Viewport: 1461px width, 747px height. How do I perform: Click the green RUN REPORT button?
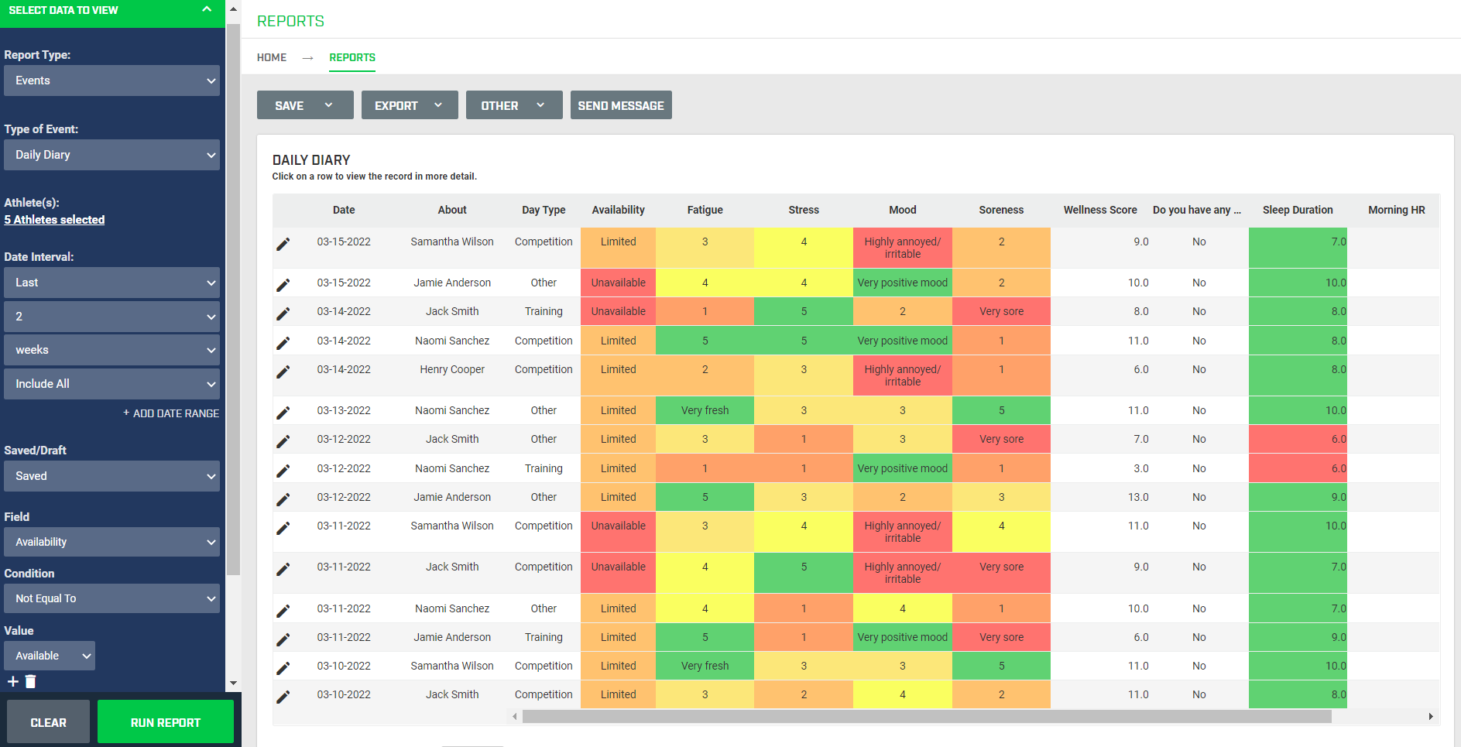tap(165, 721)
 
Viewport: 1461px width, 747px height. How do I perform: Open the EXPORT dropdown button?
tap(409, 105)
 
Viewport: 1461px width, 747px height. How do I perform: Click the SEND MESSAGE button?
tap(620, 105)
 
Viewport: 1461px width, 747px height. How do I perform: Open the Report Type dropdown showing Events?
tap(111, 81)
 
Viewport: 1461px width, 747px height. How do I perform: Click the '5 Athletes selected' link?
tap(54, 220)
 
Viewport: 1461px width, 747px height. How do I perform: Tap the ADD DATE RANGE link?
tap(171, 413)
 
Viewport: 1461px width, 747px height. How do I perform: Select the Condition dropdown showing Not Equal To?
tap(111, 598)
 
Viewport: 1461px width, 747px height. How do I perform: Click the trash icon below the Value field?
tap(31, 681)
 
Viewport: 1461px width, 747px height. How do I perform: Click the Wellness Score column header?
tap(1099, 210)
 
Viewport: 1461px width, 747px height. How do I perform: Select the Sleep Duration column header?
tap(1298, 210)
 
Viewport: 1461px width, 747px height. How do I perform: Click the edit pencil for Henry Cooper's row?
tap(283, 372)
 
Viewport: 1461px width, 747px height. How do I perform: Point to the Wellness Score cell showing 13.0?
tap(1137, 497)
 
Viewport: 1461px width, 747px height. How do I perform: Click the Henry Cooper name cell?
tap(452, 369)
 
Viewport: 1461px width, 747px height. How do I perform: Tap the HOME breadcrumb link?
tap(272, 57)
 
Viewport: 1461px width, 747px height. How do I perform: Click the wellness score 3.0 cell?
tap(1140, 468)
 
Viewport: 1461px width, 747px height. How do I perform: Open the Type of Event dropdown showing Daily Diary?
tap(111, 155)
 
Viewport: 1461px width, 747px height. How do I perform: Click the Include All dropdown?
tap(111, 384)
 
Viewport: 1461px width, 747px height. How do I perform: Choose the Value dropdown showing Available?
tap(50, 656)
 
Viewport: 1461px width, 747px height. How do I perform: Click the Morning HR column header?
tap(1396, 210)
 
